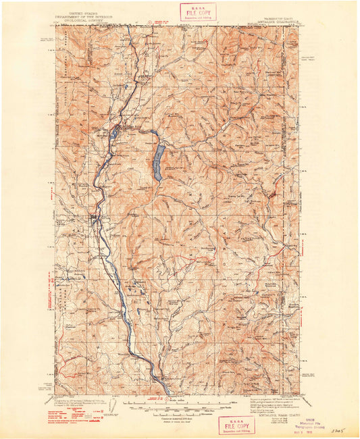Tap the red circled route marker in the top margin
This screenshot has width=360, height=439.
coord(149,22)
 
